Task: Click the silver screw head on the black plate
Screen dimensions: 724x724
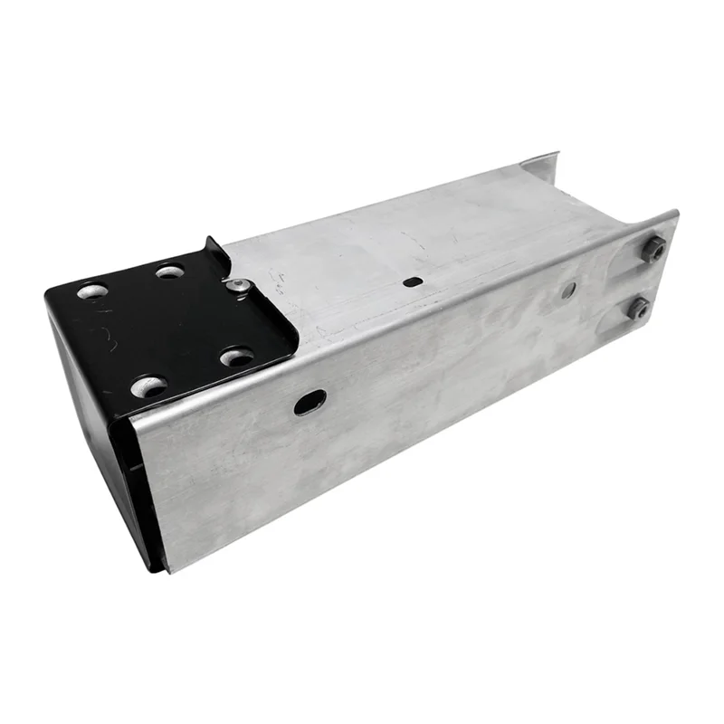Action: pos(237,286)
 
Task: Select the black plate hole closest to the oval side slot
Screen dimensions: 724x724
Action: pos(237,357)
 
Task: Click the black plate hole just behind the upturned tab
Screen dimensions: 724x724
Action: pos(170,271)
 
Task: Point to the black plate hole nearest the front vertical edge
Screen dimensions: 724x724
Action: pos(149,387)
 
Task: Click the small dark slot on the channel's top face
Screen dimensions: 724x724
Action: pos(412,281)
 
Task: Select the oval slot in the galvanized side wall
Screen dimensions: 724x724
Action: pos(310,401)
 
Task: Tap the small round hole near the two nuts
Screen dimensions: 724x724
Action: pos(568,290)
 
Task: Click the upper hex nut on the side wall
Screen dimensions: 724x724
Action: pos(653,248)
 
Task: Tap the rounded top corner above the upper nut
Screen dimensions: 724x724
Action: pos(671,217)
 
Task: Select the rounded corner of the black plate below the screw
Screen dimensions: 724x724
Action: pos(288,348)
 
